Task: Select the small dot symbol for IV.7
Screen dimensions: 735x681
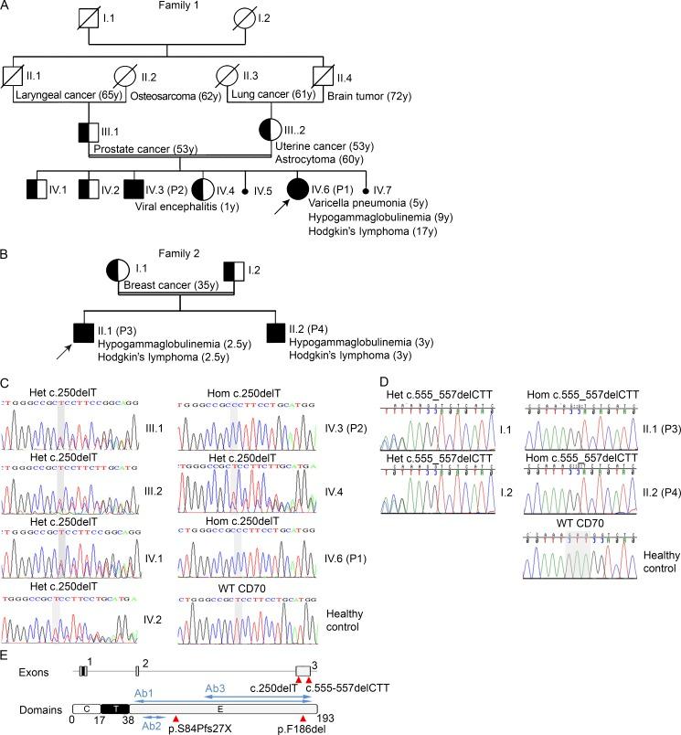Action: point(367,191)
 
